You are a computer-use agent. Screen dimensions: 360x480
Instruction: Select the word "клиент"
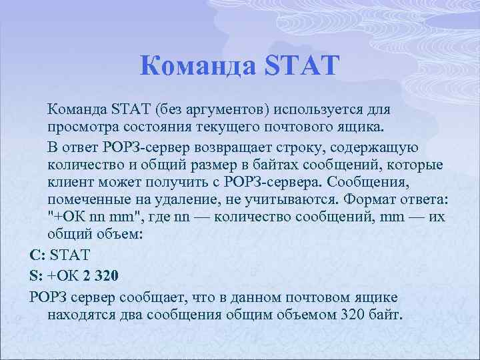pos(67,182)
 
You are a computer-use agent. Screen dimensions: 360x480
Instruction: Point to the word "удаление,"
pos(175,200)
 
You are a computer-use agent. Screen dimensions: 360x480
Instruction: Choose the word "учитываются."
pos(291,200)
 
